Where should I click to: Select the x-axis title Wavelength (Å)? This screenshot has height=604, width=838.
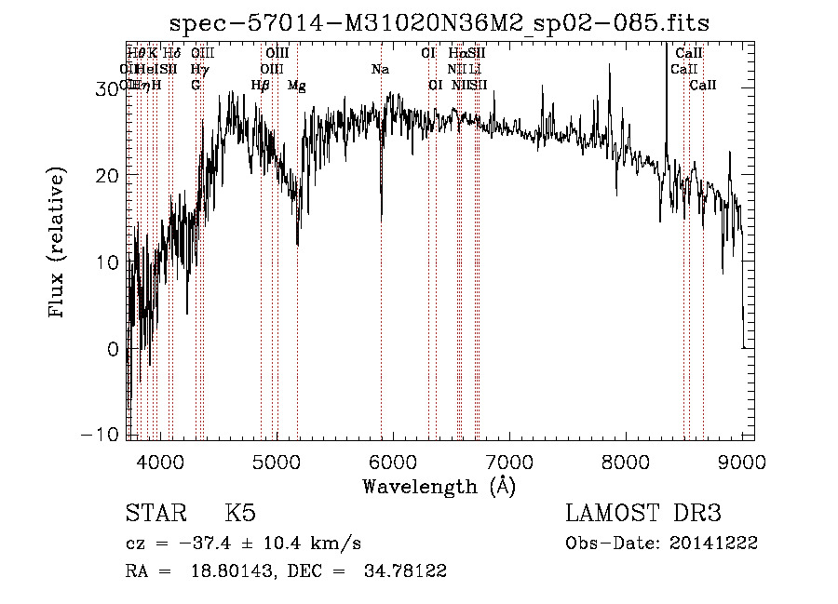[439, 486]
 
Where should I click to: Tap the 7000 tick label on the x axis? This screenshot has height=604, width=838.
[509, 462]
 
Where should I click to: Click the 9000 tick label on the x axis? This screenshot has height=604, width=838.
[742, 462]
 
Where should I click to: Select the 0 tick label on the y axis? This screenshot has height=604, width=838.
[114, 349]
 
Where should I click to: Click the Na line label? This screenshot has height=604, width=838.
[380, 70]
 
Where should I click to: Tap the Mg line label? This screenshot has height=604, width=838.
[296, 86]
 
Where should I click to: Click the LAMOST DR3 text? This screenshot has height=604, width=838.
[642, 514]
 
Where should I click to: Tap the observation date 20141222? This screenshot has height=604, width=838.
[717, 544]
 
